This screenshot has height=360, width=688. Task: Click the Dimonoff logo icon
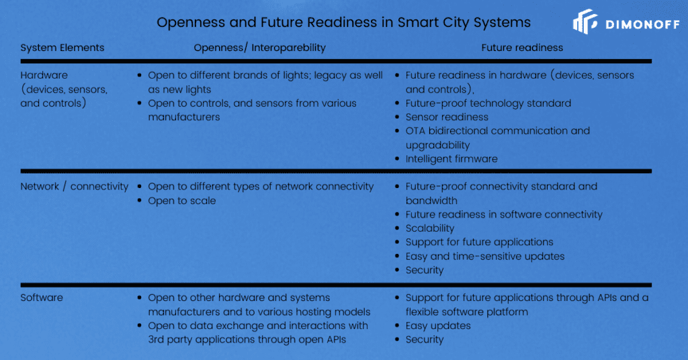pyautogui.click(x=585, y=21)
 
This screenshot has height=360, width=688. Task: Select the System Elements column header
pyautogui.click(x=62, y=48)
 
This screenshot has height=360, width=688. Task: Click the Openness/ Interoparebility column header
pyautogui.click(x=259, y=48)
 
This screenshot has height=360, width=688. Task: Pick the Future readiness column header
pyautogui.click(x=522, y=48)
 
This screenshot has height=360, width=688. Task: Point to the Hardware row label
pyautogui.click(x=44, y=75)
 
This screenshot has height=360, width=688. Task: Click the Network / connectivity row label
pyautogui.click(x=74, y=186)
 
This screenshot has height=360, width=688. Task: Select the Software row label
pyautogui.click(x=42, y=298)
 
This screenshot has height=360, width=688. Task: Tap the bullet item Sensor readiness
pyautogui.click(x=447, y=117)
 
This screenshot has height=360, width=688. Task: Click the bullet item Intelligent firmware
pyautogui.click(x=451, y=159)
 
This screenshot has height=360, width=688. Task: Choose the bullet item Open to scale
pyautogui.click(x=181, y=200)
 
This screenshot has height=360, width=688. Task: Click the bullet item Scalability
pyautogui.click(x=429, y=228)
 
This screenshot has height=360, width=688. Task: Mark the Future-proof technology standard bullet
pyautogui.click(x=488, y=103)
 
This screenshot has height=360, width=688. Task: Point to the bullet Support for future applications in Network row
pyautogui.click(x=479, y=242)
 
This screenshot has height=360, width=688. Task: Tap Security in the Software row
pyautogui.click(x=424, y=339)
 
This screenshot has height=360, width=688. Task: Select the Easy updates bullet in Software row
pyautogui.click(x=437, y=325)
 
